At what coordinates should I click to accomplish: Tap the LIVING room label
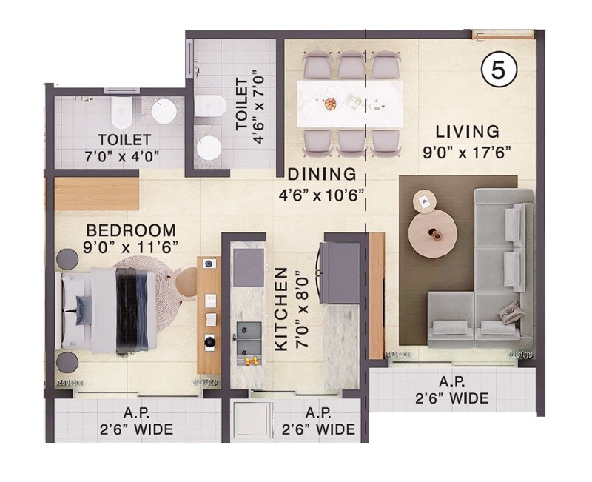467,132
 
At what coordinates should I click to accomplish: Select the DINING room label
322,175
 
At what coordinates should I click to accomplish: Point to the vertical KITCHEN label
281,309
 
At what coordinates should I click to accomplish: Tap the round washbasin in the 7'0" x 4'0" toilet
164,112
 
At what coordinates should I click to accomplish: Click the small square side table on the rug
424,200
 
